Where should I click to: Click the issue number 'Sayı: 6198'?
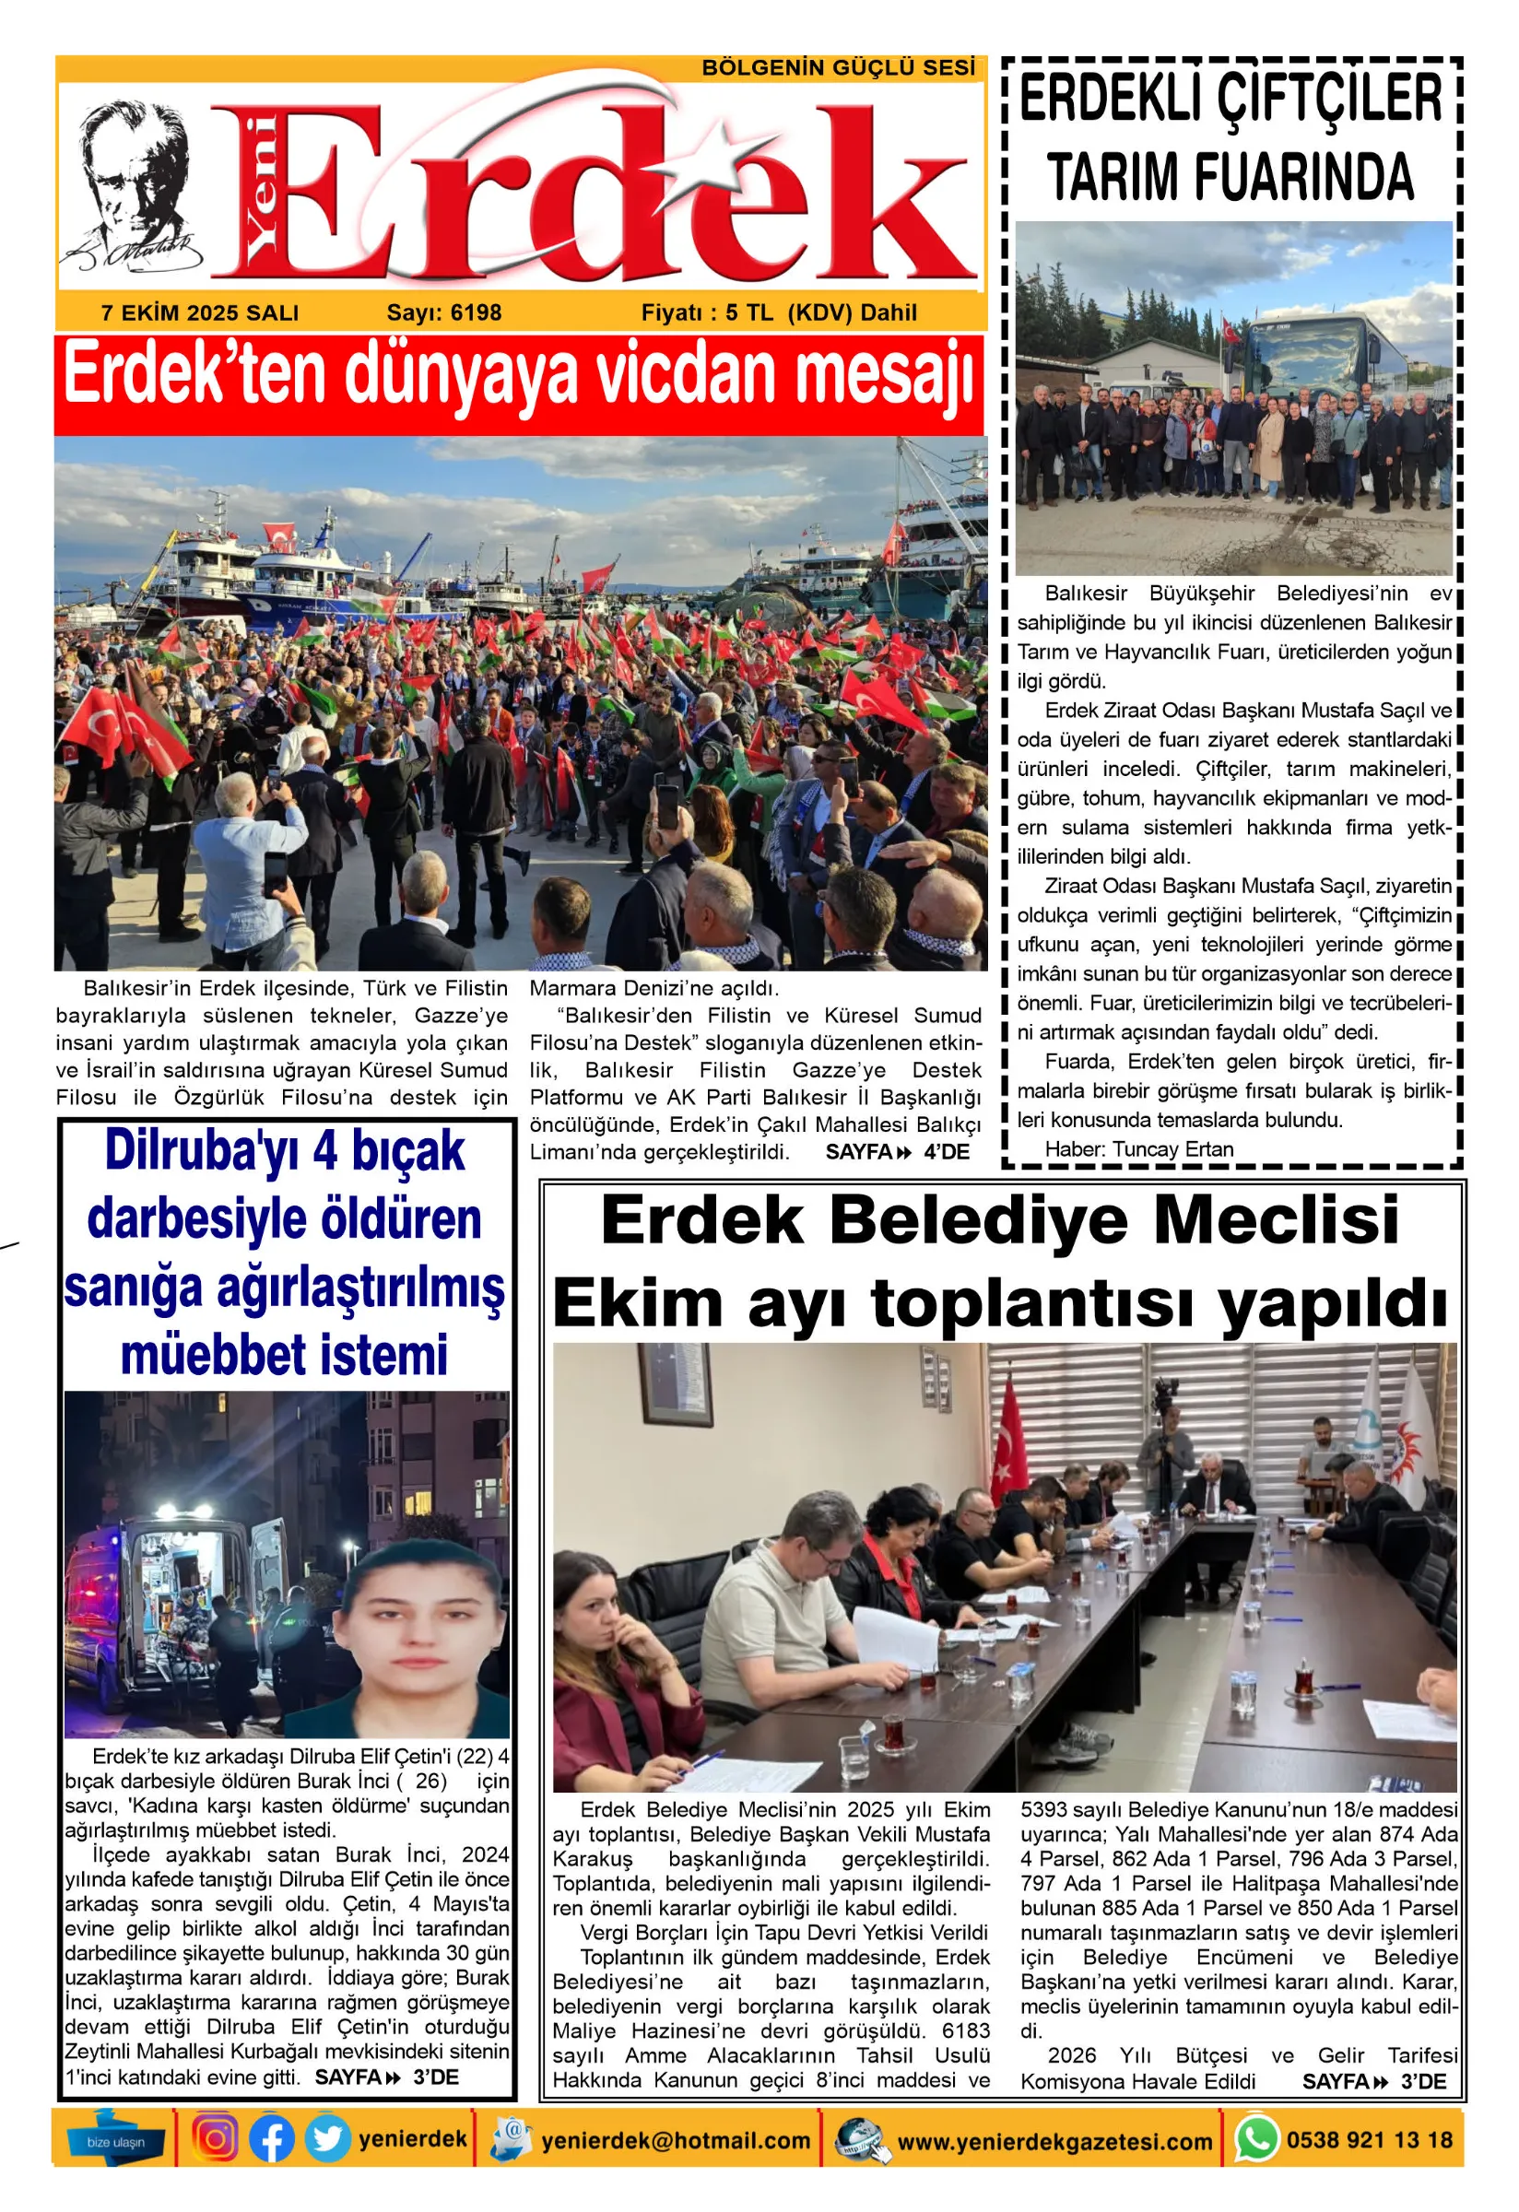coord(443,313)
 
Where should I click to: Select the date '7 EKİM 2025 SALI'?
coord(200,313)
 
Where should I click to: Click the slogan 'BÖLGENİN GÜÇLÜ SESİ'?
coord(838,68)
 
